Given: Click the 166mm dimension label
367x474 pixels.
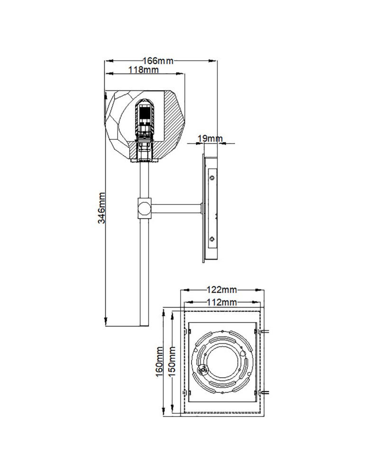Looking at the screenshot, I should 158,61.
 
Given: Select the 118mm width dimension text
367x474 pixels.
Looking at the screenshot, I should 143,70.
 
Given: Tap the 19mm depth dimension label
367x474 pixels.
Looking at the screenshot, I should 209,138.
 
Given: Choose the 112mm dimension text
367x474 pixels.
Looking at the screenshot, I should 221,302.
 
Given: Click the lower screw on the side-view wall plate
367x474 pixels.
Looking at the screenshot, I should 212,238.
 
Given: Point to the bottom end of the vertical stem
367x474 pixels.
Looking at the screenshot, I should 143,324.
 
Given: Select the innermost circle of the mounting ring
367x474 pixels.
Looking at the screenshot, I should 221,363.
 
